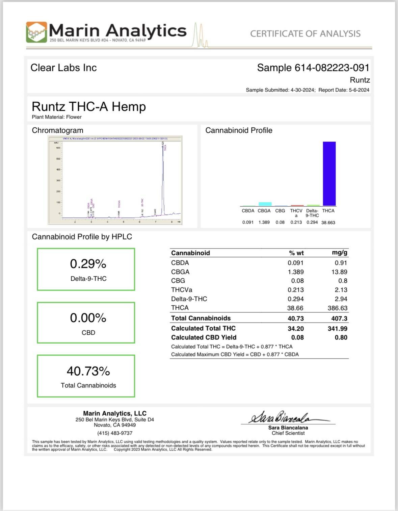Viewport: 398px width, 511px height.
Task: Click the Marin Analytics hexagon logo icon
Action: point(36,32)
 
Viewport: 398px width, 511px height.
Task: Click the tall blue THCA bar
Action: point(329,174)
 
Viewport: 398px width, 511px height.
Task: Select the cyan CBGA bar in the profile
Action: point(265,204)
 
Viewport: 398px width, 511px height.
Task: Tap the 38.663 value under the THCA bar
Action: point(328,223)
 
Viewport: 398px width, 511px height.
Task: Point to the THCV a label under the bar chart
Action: point(296,213)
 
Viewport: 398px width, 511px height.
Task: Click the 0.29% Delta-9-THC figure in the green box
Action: point(88,264)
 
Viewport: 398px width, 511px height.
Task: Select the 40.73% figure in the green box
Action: point(88,371)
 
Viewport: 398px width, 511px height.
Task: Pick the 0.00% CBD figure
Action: point(88,318)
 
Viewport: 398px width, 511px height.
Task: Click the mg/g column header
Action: point(340,253)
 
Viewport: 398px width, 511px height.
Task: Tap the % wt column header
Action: point(296,253)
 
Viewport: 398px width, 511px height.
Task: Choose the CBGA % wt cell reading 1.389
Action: point(295,272)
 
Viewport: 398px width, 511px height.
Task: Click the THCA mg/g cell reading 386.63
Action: point(337,308)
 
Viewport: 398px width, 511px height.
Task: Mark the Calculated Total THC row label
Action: point(203,328)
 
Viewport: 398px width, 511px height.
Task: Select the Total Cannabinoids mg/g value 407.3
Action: point(339,318)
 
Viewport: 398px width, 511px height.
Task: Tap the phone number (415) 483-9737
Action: point(115,433)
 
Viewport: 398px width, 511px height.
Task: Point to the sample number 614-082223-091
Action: point(332,68)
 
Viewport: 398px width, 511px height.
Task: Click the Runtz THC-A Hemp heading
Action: point(89,107)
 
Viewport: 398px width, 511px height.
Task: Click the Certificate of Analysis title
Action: point(305,34)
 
